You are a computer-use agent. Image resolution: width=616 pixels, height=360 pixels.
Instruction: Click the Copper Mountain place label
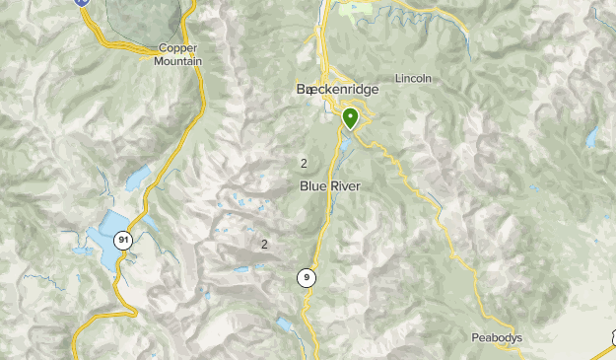(178, 54)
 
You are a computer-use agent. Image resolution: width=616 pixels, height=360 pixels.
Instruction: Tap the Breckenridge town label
(337, 89)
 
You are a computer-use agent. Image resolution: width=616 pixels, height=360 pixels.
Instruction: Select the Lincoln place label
(413, 79)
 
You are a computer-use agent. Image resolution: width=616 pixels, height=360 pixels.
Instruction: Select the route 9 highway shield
(308, 278)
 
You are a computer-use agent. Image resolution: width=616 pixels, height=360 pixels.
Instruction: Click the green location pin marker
(350, 118)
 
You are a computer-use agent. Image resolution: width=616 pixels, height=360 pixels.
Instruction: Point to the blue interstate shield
(83, 3)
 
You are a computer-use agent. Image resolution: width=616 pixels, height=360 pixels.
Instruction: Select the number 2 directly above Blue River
(304, 164)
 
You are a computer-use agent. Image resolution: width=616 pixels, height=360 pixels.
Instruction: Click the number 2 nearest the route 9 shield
(264, 244)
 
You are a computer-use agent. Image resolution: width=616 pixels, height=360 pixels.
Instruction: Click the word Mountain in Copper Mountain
(178, 61)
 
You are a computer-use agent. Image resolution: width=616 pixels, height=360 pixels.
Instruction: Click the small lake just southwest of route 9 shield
(284, 324)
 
